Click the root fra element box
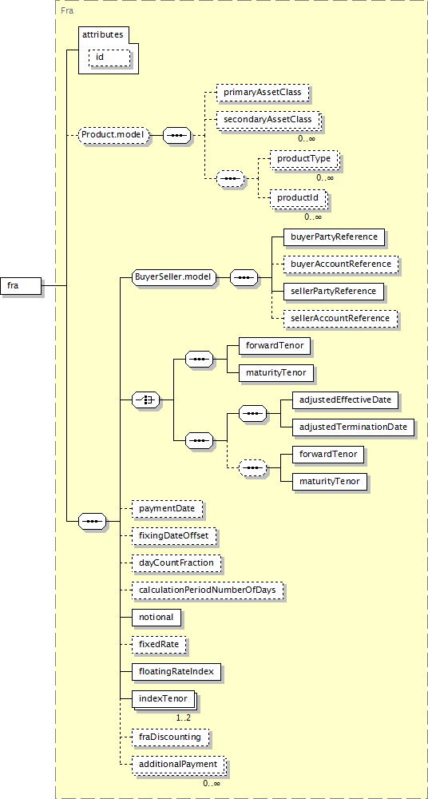pos(21,285)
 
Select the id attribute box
pos(109,57)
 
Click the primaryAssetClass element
pos(263,93)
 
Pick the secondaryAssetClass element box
pos(268,121)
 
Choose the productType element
pos(304,159)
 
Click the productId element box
pos(299,197)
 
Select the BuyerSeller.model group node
pos(174,278)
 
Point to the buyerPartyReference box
pos(335,237)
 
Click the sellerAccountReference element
pos(340,319)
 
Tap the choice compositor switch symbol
pos(145,400)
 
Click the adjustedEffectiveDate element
pos(346,400)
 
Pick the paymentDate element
pos(167,508)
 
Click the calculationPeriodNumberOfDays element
pos(208,590)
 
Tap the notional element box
pos(157,617)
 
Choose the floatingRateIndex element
pos(176,672)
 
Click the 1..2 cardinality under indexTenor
pos(184,718)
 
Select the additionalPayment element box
pos(179,765)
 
